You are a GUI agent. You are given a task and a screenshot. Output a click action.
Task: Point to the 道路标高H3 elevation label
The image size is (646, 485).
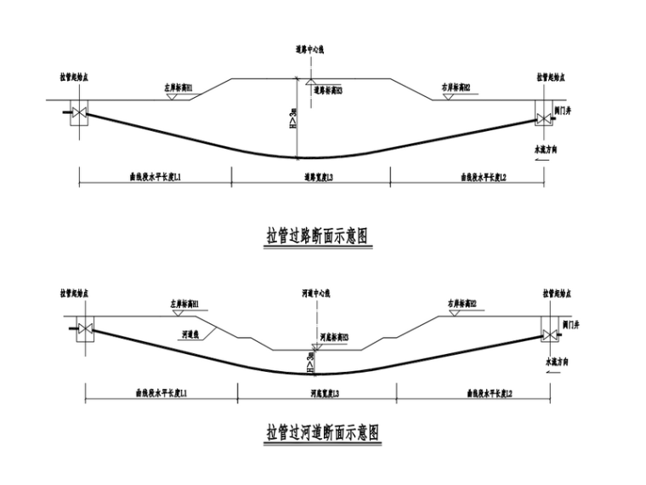pyautogui.click(x=326, y=90)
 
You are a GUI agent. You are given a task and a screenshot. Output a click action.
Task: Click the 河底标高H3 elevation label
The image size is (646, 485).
pyautogui.click(x=333, y=337)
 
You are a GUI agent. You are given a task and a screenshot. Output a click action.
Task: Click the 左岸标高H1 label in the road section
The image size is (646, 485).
pyautogui.click(x=178, y=88)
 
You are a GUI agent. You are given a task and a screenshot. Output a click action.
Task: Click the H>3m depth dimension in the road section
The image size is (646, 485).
pyautogui.click(x=292, y=120)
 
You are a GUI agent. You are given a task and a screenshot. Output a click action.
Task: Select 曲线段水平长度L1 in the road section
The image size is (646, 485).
pyautogui.click(x=155, y=178)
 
